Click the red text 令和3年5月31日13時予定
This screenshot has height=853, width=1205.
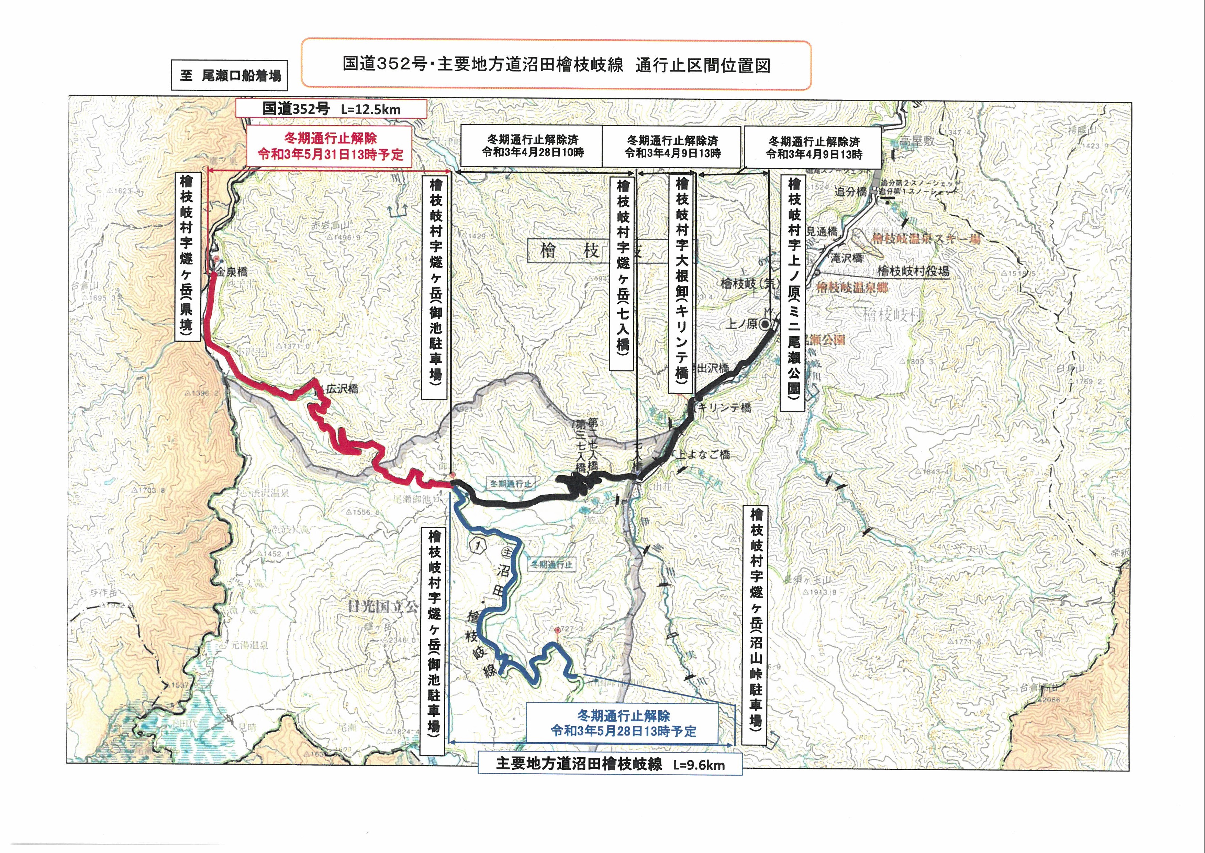[x=330, y=154]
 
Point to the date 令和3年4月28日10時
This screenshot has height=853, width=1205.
[x=533, y=153]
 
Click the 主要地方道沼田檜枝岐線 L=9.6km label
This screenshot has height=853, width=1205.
[x=610, y=764]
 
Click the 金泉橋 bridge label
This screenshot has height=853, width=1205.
[x=233, y=272]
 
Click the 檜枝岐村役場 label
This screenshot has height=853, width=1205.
[x=913, y=271]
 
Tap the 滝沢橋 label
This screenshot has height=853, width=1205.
[x=847, y=258]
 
